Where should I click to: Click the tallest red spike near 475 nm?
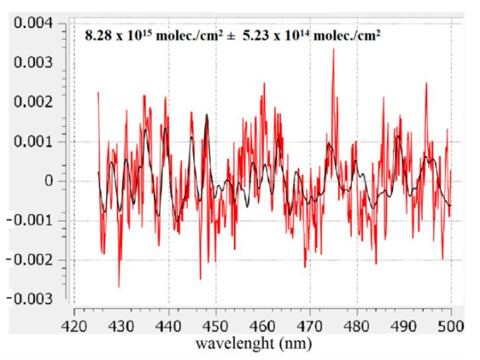click(x=333, y=50)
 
